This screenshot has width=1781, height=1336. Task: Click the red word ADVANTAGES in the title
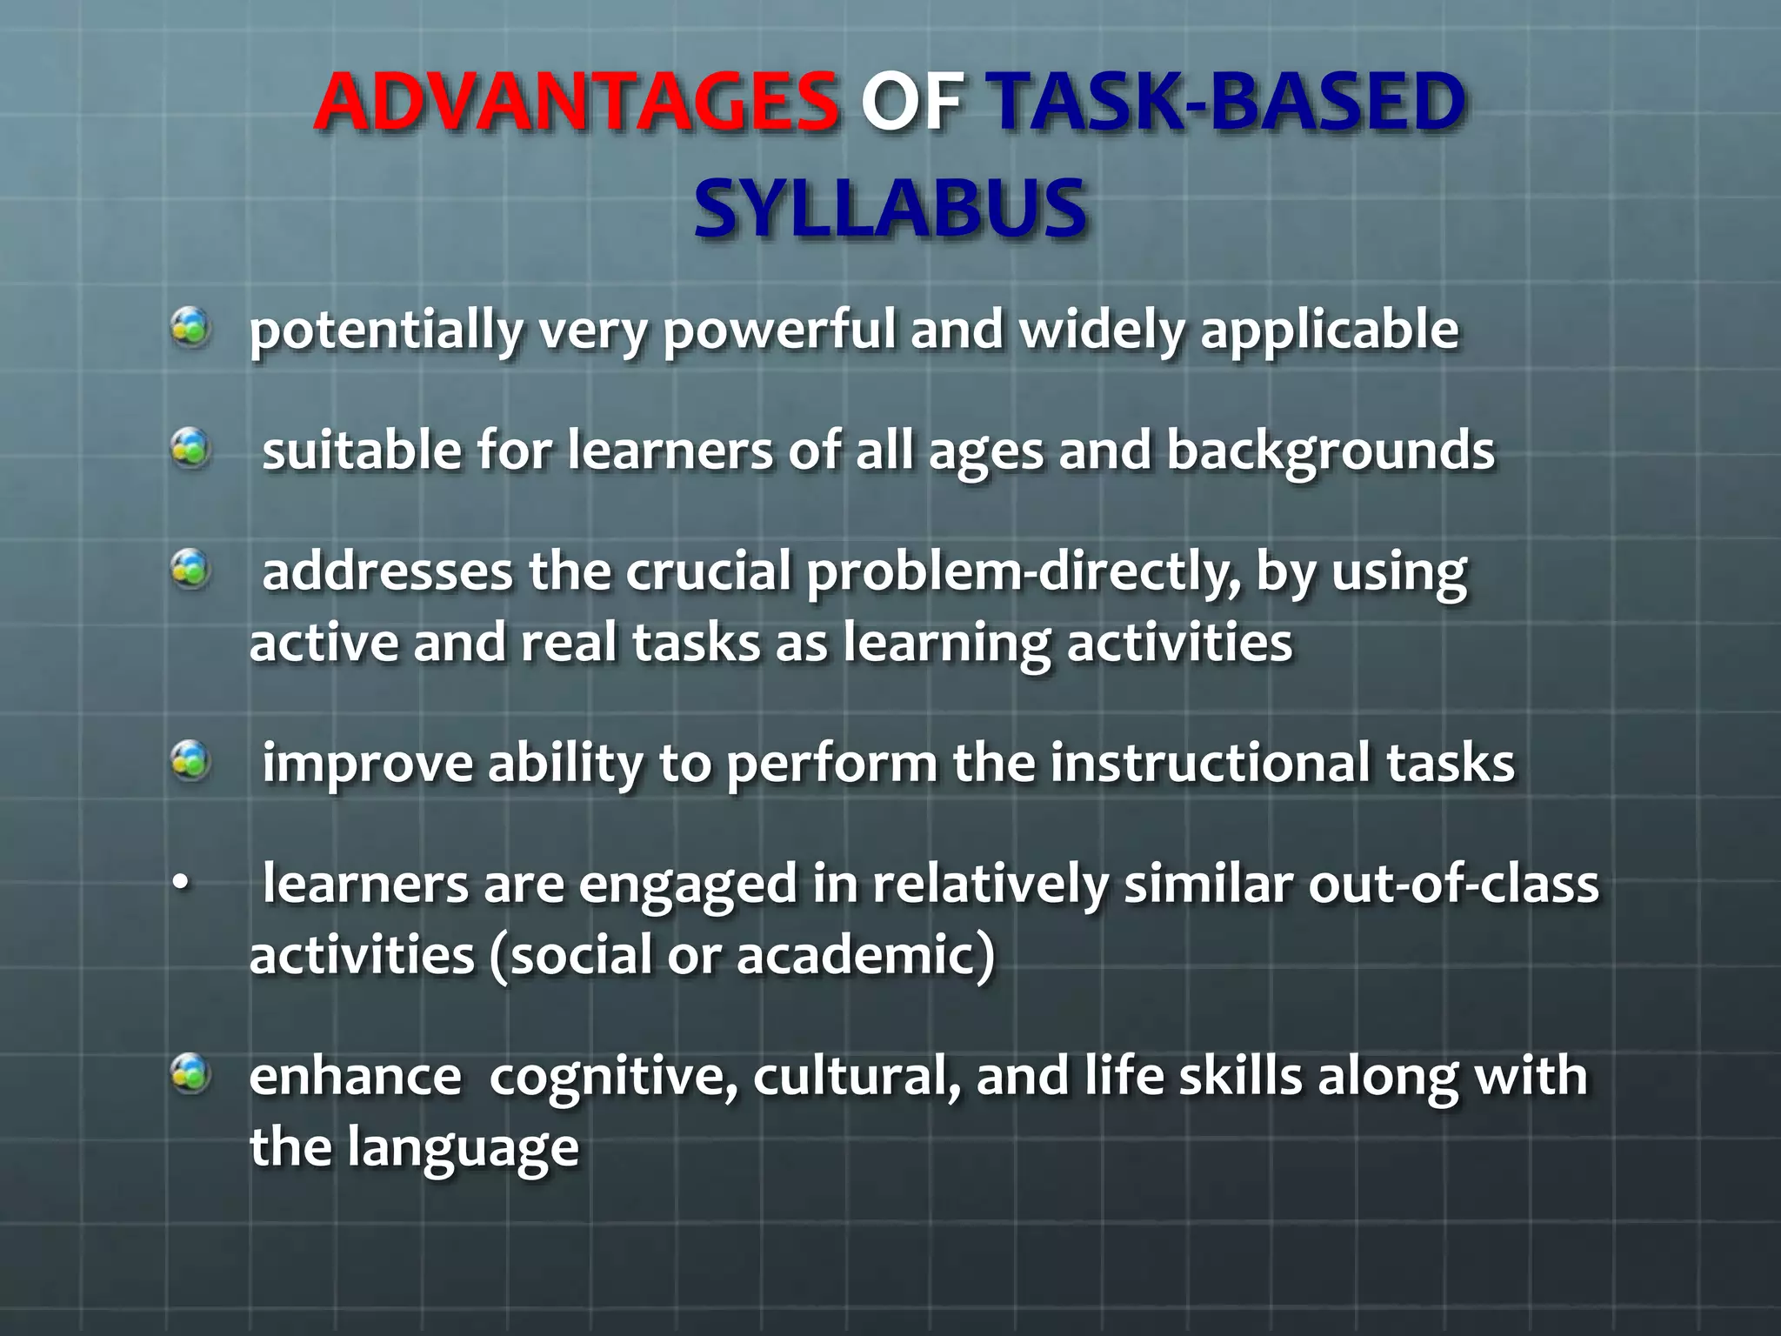576,102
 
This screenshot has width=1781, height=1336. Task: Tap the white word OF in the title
911,102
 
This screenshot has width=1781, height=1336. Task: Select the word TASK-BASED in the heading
1230,102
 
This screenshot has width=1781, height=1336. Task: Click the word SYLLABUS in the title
890,209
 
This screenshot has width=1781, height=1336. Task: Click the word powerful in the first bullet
779,331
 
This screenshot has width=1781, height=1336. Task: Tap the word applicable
1329,331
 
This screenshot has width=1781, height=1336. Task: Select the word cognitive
613,1077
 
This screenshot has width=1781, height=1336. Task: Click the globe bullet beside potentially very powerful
190,329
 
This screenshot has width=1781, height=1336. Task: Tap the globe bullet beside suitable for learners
190,450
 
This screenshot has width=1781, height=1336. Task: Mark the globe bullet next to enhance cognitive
190,1073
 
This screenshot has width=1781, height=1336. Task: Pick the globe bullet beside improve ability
190,761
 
